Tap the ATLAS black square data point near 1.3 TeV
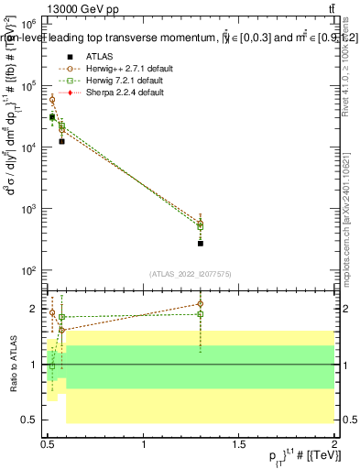click(x=200, y=243)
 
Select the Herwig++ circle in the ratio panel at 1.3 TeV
click(x=200, y=304)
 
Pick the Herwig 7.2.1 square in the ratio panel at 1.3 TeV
click(x=200, y=314)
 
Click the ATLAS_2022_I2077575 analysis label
click(x=190, y=272)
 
